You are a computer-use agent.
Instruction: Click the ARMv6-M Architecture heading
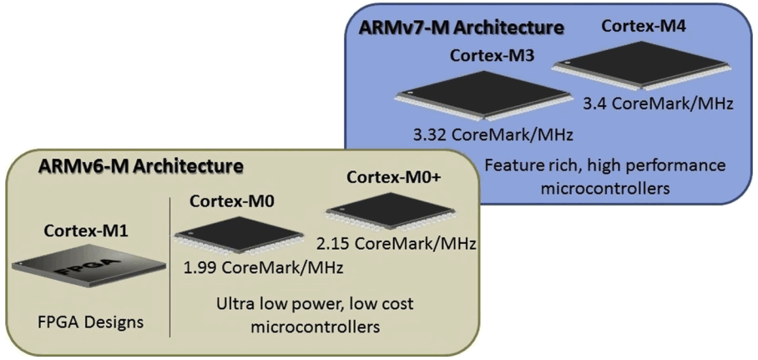click(x=140, y=166)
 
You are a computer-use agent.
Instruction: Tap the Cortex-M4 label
click(x=638, y=26)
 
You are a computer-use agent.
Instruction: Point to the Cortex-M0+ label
click(x=388, y=177)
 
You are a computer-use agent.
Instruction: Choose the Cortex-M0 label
click(x=228, y=201)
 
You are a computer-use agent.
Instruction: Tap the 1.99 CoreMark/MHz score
click(x=265, y=269)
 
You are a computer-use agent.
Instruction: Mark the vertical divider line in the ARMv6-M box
click(x=170, y=267)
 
